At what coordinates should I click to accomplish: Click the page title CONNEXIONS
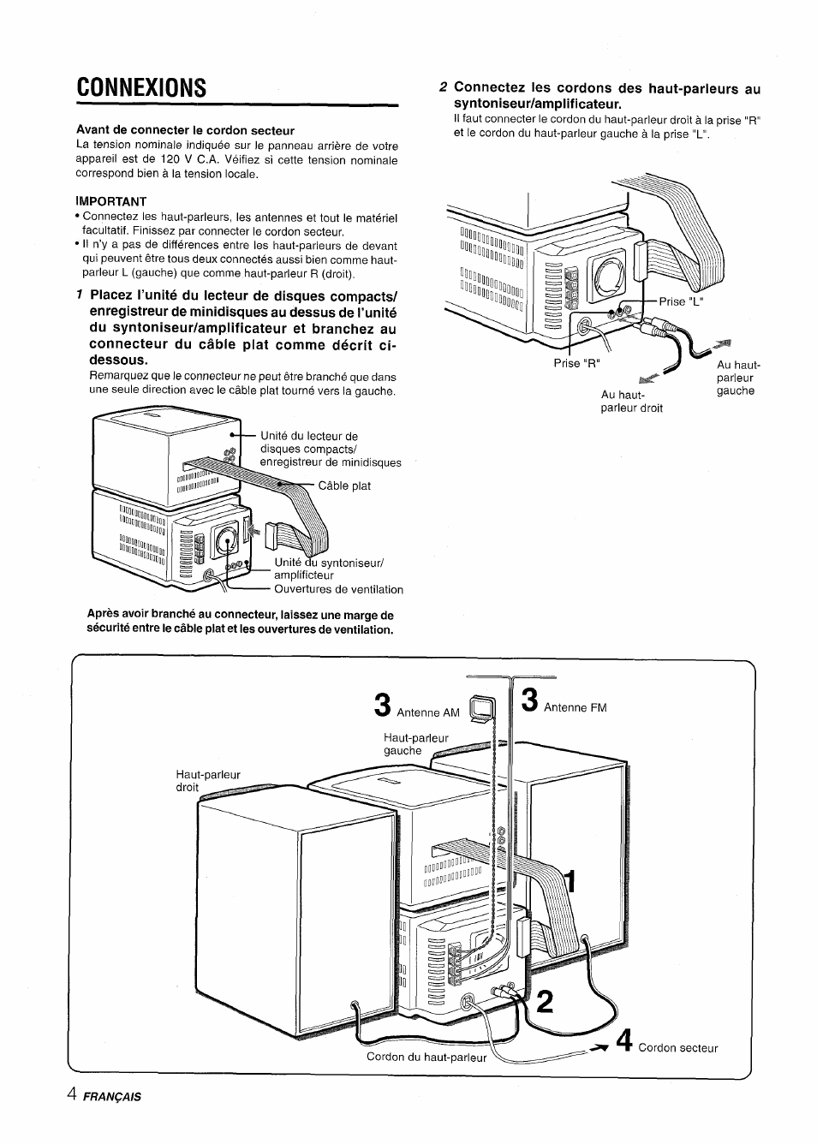click(141, 86)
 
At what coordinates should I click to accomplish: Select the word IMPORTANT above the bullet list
click(111, 202)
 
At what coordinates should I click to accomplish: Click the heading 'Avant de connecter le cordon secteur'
click(185, 130)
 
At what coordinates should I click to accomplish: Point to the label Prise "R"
click(577, 362)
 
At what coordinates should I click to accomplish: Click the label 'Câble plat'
click(344, 486)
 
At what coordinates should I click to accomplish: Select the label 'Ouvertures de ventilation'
click(338, 589)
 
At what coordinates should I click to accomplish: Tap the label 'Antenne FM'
click(575, 707)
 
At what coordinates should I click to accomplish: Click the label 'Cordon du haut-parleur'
click(426, 1057)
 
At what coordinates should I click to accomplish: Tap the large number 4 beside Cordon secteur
click(625, 1041)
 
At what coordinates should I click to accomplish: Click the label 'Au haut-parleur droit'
click(631, 402)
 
